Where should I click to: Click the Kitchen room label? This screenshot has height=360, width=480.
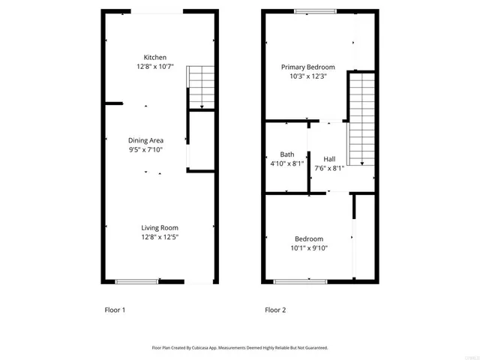point(155,58)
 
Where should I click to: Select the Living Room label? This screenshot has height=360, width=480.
point(160,228)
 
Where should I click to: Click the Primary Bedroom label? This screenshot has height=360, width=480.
point(307,67)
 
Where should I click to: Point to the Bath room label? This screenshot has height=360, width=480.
point(286,154)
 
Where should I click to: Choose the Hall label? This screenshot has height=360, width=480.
point(329,159)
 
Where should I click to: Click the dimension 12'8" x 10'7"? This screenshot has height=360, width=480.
point(155,67)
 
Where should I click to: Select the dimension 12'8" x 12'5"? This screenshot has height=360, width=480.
point(160,237)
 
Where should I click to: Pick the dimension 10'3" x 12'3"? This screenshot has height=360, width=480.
point(307,76)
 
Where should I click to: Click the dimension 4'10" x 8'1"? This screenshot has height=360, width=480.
point(286,163)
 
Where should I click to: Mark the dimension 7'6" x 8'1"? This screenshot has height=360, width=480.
point(329,168)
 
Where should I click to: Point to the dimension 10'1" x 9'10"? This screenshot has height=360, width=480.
point(308,248)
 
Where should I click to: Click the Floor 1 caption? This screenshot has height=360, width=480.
point(114,310)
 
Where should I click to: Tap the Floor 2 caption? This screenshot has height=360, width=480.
point(275,310)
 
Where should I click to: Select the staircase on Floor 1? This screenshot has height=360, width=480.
point(199,87)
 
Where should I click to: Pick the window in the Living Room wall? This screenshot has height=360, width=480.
point(136,282)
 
